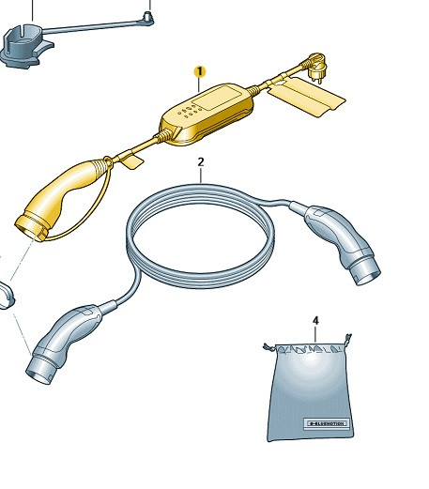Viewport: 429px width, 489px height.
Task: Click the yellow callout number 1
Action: point(200,71)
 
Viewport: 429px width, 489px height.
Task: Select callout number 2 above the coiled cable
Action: point(201,162)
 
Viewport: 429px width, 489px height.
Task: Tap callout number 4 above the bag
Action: point(315,321)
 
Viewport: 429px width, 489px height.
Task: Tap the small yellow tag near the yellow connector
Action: point(130,161)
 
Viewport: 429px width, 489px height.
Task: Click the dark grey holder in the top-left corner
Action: point(24,45)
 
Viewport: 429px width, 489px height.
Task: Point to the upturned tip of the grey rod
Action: point(148,15)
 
